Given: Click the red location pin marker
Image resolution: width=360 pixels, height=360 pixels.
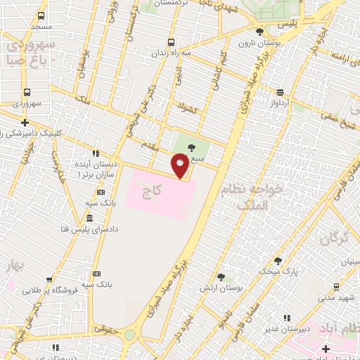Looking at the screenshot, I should coord(180,166).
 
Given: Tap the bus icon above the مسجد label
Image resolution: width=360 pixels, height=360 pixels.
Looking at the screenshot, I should coord(41,15).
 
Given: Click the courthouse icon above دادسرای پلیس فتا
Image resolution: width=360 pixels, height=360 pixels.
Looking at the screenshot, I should coord(89,219).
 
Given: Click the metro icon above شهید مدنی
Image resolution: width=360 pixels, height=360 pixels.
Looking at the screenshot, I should coord(336,286).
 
